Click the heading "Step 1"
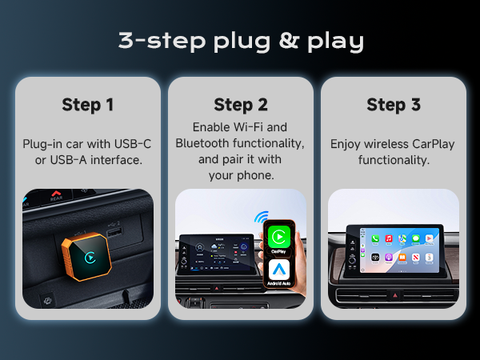pyautogui.click(x=87, y=105)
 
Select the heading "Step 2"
pyautogui.click(x=240, y=105)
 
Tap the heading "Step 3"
pyautogui.click(x=393, y=105)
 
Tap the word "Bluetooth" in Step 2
pyautogui.click(x=202, y=144)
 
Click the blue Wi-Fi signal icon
pyautogui.click(x=260, y=216)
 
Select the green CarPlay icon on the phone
pyautogui.click(x=279, y=237)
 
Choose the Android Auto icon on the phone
pyautogui.click(x=279, y=270)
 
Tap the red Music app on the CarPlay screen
pyautogui.click(x=387, y=238)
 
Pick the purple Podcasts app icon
pyautogui.click(x=387, y=258)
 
